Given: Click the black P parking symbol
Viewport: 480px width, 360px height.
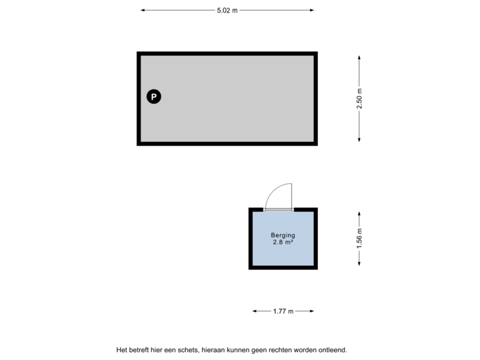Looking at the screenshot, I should pos(154,97).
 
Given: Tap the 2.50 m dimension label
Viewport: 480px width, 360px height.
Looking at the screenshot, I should pos(360,98).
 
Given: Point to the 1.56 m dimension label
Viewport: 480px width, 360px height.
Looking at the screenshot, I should pos(360,238).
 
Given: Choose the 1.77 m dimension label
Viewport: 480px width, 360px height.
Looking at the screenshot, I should pos(283,311).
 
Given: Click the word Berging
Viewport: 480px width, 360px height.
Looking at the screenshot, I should pos(283,235).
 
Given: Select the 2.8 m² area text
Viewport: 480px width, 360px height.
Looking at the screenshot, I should pos(283,243).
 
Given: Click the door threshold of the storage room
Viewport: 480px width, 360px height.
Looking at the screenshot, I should pos(278,209).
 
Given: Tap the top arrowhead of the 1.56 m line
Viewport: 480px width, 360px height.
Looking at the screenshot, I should pos(360,214).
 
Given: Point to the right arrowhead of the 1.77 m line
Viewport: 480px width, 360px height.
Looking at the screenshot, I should pos(311,311).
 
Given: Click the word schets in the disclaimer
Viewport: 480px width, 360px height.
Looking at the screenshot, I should pos(187,349).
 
